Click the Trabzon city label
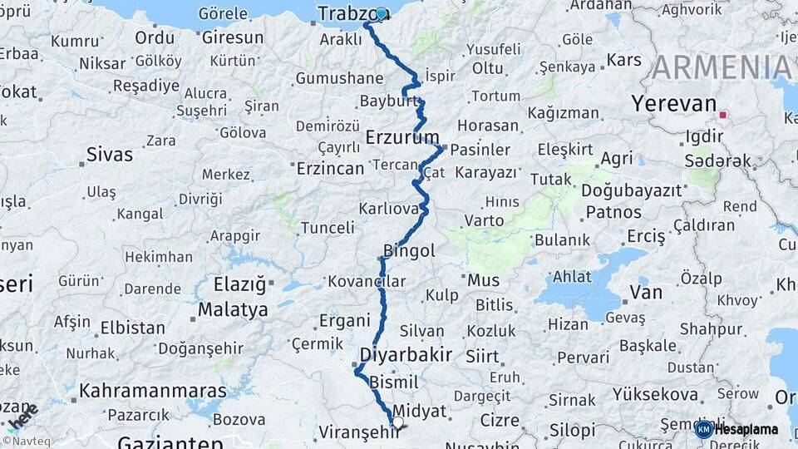[x=346, y=15]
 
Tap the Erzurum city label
[x=402, y=136]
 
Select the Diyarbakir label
[x=406, y=355]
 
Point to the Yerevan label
[x=673, y=104]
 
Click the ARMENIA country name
[x=722, y=67]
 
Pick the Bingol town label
[x=409, y=250]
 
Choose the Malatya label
[x=233, y=310]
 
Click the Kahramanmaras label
[x=153, y=391]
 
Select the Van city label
[x=646, y=292]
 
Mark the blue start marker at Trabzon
[x=382, y=14]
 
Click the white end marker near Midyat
[x=397, y=423]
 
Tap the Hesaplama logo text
[x=746, y=429]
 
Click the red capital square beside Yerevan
[x=723, y=115]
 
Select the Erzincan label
[x=330, y=169]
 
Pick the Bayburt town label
[x=389, y=101]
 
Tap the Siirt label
[x=482, y=358]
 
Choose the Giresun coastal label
[x=233, y=37]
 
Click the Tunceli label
[x=328, y=228]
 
